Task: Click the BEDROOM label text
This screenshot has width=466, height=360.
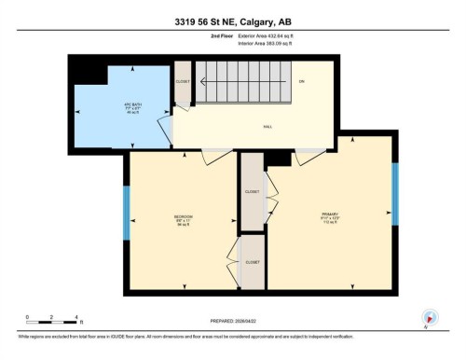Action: tap(183, 218)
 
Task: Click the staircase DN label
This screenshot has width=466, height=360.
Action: tap(301, 82)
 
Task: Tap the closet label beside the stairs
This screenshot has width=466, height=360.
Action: tap(183, 82)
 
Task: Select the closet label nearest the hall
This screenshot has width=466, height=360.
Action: tap(253, 191)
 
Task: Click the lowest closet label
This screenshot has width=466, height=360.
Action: tap(253, 263)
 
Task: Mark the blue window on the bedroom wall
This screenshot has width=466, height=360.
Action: tap(128, 215)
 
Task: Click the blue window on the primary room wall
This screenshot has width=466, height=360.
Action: tap(395, 194)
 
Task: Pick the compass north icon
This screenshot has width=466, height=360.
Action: tap(429, 318)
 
